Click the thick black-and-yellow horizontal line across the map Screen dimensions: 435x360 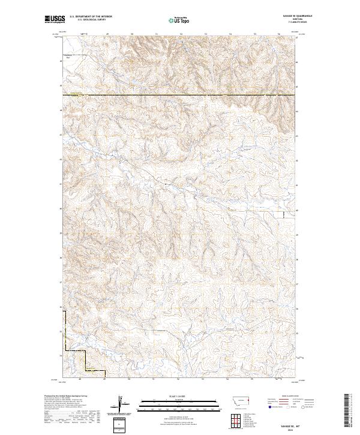(180, 94)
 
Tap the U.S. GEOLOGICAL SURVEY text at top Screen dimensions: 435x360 (91, 20)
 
